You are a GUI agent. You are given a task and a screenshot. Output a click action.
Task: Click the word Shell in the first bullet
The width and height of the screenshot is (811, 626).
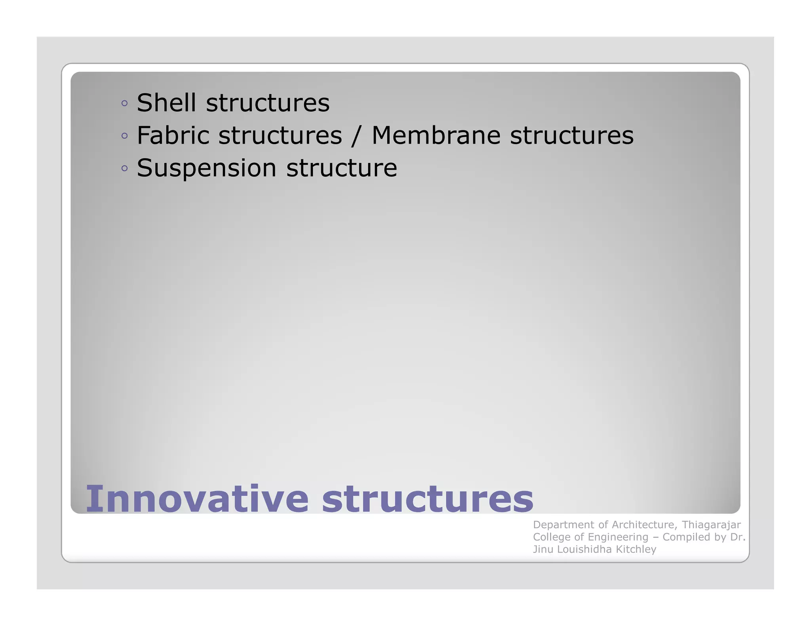click(166, 103)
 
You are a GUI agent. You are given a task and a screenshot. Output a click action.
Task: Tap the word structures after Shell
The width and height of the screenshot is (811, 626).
click(268, 103)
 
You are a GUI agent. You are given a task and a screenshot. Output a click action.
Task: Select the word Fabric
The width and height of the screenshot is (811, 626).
click(173, 135)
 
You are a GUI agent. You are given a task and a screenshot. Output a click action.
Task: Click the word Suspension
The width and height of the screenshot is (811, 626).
click(206, 168)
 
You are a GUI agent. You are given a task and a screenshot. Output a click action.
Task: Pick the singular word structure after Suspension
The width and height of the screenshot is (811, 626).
click(341, 168)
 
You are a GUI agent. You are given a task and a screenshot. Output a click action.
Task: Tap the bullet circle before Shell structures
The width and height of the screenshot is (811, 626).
click(125, 104)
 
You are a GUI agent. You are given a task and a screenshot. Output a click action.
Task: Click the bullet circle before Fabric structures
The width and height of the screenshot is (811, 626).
click(125, 136)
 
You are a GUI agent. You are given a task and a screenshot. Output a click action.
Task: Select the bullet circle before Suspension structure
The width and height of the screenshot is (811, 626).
click(125, 169)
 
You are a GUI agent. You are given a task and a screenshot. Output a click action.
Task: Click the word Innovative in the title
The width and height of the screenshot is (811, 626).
click(197, 499)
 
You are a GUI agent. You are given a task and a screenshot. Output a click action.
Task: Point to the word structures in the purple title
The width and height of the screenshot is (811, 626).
click(428, 499)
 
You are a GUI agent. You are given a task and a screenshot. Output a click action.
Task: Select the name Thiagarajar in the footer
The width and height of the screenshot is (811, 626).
click(711, 525)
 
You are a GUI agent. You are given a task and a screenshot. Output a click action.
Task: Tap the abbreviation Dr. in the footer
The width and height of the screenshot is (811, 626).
click(738, 537)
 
